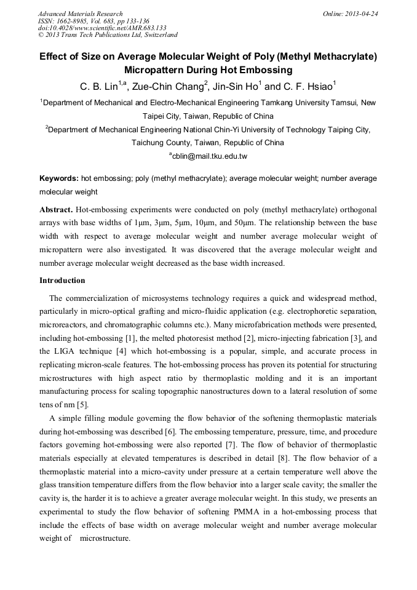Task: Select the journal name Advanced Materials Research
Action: tap(80, 14)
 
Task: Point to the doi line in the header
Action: tap(102, 28)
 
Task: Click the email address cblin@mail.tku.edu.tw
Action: tap(209, 156)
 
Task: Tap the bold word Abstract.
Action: tap(56, 209)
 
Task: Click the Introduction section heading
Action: tap(62, 281)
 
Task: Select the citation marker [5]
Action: tap(84, 404)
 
